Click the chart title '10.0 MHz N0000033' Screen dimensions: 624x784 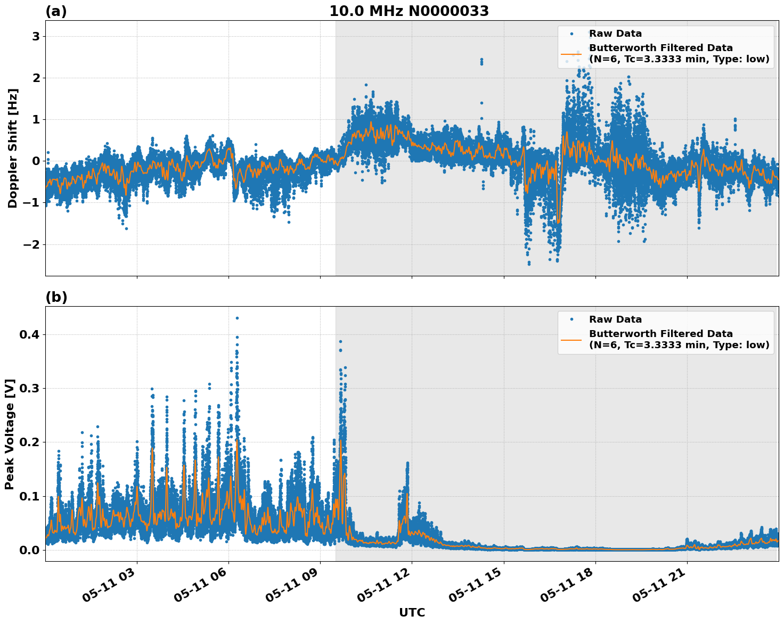409,11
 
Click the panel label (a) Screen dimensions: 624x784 56,11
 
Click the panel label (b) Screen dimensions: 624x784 56,297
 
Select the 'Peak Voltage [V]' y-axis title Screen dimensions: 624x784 9,434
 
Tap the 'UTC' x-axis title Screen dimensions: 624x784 412,612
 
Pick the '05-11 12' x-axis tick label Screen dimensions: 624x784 383,589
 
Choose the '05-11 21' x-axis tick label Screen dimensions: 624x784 658,589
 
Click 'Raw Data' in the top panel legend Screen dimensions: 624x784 615,34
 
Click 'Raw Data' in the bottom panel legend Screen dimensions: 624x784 615,319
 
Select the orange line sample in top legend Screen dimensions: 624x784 571,53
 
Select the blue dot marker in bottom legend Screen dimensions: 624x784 571,319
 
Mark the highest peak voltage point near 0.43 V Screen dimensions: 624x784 237,318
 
